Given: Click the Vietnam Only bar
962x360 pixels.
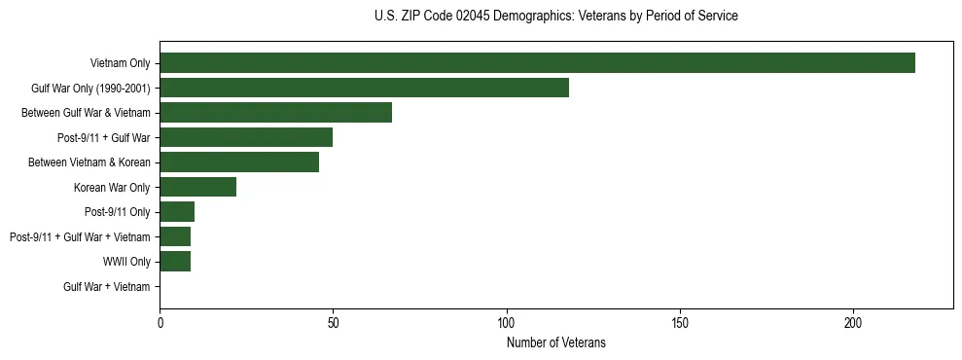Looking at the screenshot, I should click(x=537, y=63).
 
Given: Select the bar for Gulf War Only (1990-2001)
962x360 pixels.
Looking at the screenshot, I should click(x=364, y=89).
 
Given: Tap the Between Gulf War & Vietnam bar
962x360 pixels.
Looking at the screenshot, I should click(x=275, y=113).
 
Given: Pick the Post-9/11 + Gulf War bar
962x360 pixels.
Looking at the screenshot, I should click(x=246, y=138).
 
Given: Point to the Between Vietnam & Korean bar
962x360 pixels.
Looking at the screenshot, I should click(x=239, y=162).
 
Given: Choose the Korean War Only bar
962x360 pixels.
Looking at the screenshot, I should click(x=197, y=187).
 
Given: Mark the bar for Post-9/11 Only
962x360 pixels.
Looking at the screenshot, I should click(x=177, y=212).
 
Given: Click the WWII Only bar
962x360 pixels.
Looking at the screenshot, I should click(x=175, y=262).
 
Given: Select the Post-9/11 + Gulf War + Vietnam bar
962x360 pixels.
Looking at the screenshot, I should click(x=175, y=236).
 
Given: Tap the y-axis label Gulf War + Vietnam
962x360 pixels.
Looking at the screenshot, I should click(x=107, y=287).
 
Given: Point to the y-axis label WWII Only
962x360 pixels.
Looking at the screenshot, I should click(x=126, y=262).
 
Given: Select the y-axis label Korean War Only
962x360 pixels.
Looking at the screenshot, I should click(x=112, y=188).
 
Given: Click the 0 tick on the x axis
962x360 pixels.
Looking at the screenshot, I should click(x=160, y=322).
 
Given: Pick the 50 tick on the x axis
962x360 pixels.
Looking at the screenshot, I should click(x=333, y=322).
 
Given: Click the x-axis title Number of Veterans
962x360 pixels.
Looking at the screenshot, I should click(x=555, y=342).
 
